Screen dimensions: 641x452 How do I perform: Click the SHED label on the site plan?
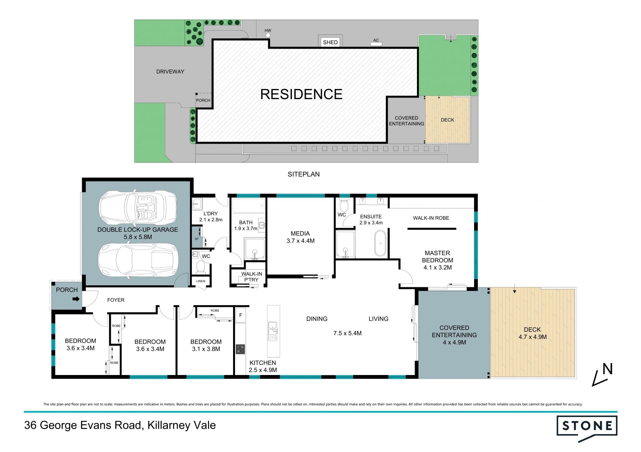(x=330, y=42)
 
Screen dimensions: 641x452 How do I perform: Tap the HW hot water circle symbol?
(x=268, y=35)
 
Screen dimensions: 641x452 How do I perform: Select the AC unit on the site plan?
(x=376, y=44)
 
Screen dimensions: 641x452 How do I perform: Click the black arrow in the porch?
(x=76, y=299)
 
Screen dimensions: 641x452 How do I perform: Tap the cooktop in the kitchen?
(x=240, y=349)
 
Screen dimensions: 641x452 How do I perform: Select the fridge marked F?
(x=241, y=315)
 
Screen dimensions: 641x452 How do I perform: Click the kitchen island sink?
(x=273, y=331)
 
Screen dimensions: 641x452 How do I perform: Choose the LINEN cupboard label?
(x=201, y=281)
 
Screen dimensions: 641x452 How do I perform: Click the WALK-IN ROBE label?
(x=431, y=218)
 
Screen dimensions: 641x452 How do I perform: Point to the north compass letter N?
(x=608, y=369)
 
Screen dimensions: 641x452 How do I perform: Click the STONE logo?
(x=587, y=428)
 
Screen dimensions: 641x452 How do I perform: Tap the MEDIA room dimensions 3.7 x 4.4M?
(x=300, y=241)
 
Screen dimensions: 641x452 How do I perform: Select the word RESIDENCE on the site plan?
(x=301, y=94)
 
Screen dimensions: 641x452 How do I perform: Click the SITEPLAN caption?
(x=304, y=174)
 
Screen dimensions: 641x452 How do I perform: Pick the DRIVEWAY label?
(x=170, y=71)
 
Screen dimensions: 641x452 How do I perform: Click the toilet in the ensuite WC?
(x=344, y=203)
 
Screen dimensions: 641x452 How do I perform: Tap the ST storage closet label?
(x=197, y=239)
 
